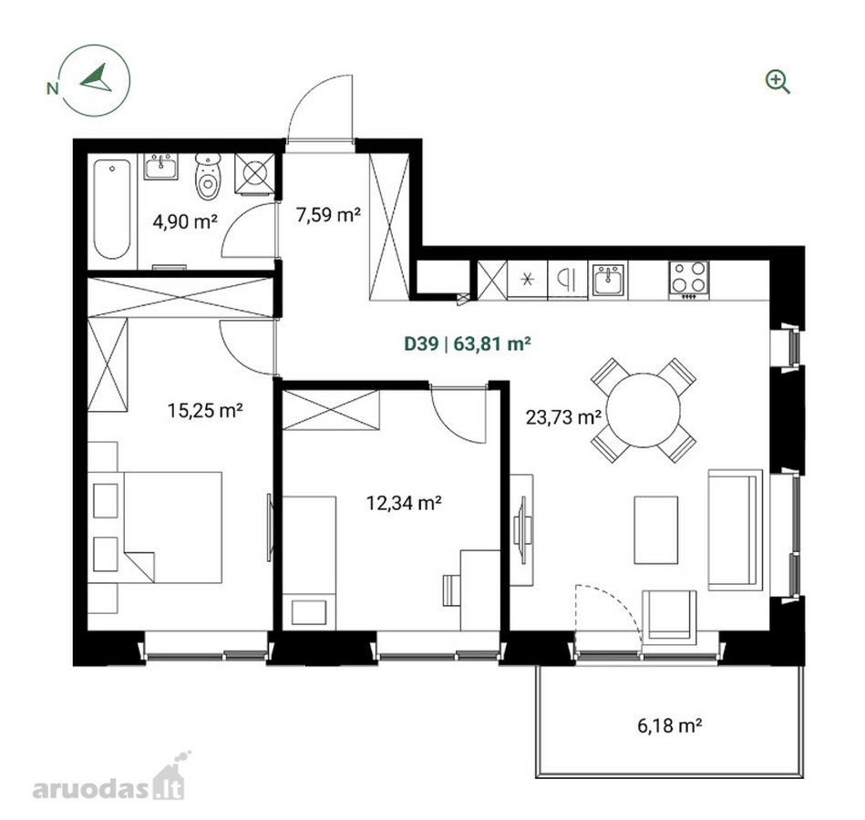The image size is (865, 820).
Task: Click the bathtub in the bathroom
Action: click(x=112, y=209)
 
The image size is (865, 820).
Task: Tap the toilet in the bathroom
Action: click(x=208, y=176)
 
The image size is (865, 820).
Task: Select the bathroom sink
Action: click(x=161, y=166)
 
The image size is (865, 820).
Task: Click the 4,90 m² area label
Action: click(x=185, y=221)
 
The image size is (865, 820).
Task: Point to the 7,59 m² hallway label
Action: click(x=328, y=214)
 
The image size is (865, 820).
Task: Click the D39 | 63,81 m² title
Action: click(x=468, y=343)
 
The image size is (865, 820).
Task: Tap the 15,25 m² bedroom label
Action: click(x=205, y=410)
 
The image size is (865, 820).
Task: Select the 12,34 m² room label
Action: click(x=404, y=503)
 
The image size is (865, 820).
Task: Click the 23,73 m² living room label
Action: click(x=563, y=417)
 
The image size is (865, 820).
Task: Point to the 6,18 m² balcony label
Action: click(x=669, y=725)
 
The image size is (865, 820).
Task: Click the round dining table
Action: click(x=644, y=410)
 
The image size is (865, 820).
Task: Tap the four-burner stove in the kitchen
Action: click(x=689, y=280)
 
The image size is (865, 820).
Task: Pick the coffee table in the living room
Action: click(x=656, y=529)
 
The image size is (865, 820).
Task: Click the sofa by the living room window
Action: click(x=736, y=530)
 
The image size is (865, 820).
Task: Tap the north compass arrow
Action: click(x=97, y=78)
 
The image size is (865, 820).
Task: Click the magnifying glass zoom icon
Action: click(x=777, y=82)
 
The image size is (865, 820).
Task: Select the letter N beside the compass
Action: click(x=52, y=88)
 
